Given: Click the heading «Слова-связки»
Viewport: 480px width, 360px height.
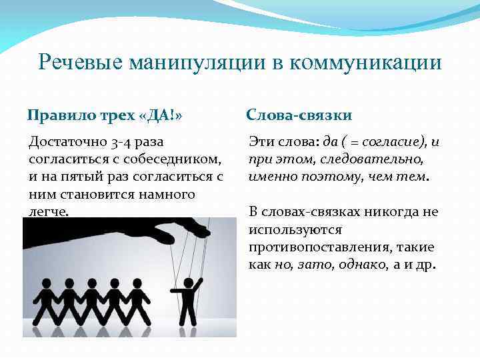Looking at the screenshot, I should click(x=299, y=115).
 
